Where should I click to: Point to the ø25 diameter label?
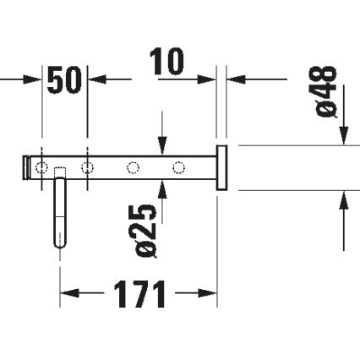click(145, 229)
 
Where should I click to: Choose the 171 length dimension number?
click(138, 296)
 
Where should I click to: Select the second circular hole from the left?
click(86, 167)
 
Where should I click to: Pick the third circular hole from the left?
click(132, 167)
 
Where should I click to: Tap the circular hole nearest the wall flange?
click(177, 167)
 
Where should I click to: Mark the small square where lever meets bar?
click(60, 173)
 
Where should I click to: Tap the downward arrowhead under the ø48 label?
click(344, 136)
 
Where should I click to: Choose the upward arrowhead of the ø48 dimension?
click(344, 199)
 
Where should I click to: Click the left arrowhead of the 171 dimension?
click(67, 295)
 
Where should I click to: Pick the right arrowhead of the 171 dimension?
click(211, 295)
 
